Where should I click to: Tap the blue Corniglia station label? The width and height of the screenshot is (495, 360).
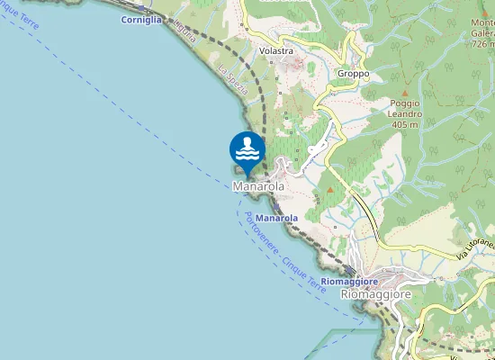140,18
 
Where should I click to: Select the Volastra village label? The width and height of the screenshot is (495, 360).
275,51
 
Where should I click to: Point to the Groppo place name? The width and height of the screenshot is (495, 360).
353,74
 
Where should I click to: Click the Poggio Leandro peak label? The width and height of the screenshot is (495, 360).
405,109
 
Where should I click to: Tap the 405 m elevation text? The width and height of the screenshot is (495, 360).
406,125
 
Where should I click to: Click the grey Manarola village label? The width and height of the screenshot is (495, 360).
258,186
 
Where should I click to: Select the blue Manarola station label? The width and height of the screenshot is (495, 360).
276,219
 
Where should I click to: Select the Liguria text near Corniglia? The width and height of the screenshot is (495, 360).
184,29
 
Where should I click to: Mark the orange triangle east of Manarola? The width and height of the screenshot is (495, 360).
330,190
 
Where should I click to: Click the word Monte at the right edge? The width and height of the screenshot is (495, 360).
482,22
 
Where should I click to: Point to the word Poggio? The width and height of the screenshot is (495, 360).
405,103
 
